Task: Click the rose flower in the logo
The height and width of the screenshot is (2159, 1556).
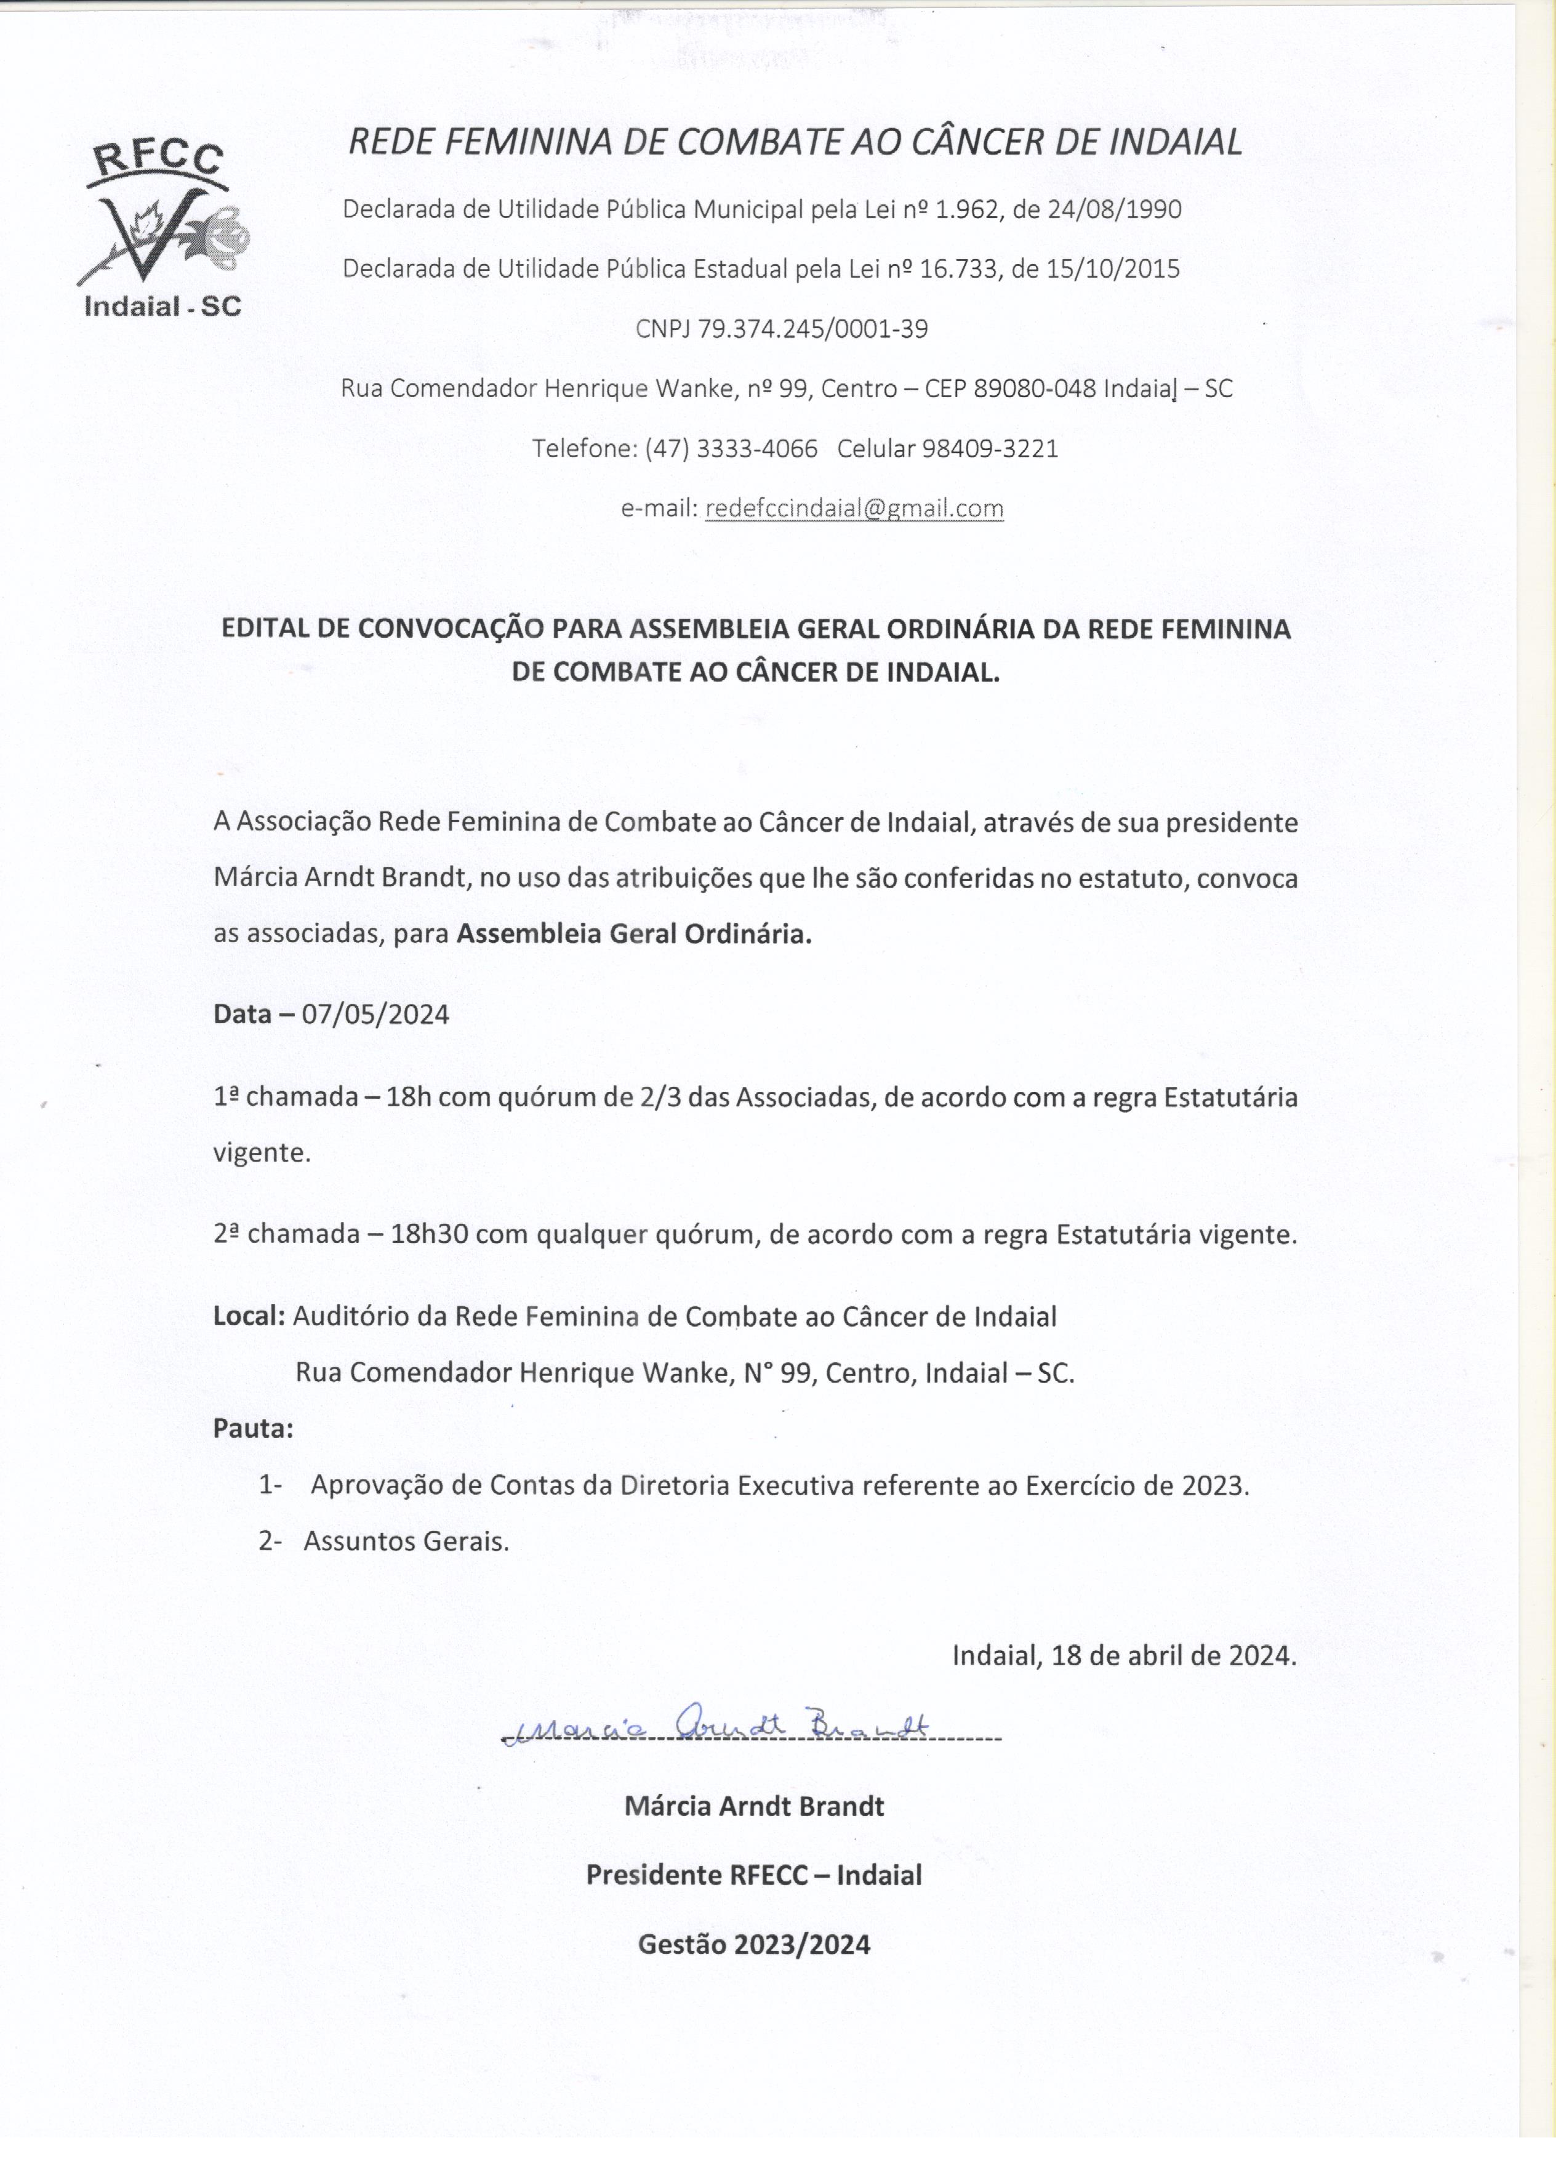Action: point(225,234)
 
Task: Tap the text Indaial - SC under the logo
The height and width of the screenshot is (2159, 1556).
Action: point(162,305)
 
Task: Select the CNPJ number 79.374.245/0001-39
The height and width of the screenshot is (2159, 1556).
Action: point(812,328)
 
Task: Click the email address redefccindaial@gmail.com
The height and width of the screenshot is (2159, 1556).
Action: point(854,509)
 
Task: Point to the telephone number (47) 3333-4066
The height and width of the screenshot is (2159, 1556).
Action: point(731,448)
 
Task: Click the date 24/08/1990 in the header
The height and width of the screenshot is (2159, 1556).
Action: point(1115,209)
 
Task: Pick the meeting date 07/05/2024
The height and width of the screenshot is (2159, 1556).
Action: point(375,1015)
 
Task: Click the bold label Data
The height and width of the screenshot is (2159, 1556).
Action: point(242,1015)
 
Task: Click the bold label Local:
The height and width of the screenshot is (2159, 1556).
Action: point(249,1317)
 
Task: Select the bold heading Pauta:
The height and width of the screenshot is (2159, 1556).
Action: point(253,1428)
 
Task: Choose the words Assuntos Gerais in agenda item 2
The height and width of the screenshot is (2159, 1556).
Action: point(406,1541)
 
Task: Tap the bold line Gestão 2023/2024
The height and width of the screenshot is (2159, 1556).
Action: point(754,1944)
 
